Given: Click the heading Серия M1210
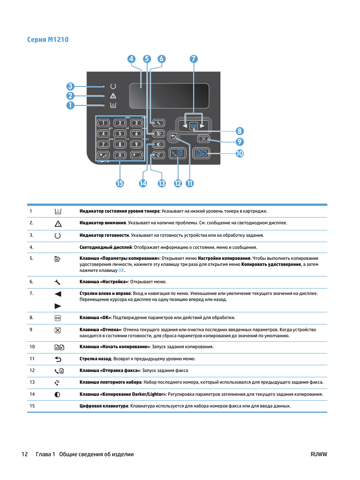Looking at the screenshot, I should click(48, 40).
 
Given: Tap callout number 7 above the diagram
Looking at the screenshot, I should click(194, 59).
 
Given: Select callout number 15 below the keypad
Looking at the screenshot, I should click(120, 183).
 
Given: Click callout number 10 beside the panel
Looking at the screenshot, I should click(240, 153).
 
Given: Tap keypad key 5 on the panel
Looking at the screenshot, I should click(120, 134).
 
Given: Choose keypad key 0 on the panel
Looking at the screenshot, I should click(120, 155).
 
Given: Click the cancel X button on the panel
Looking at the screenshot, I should click(203, 139).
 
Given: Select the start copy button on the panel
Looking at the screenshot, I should click(201, 153).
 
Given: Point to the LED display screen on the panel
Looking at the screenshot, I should click(169, 96).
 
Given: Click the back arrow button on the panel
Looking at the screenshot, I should click(173, 137).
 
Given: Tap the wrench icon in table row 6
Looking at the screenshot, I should click(57, 282).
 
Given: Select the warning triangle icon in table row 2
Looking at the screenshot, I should click(58, 224).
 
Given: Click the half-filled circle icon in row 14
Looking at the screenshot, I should click(57, 395).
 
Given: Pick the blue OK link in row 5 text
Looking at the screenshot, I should click(121, 270).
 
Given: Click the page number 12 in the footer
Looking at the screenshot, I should click(25, 454).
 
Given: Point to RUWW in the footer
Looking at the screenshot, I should click(318, 454).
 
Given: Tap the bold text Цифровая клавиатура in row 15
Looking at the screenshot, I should click(104, 406).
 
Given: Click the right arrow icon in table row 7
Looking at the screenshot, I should click(58, 306).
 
